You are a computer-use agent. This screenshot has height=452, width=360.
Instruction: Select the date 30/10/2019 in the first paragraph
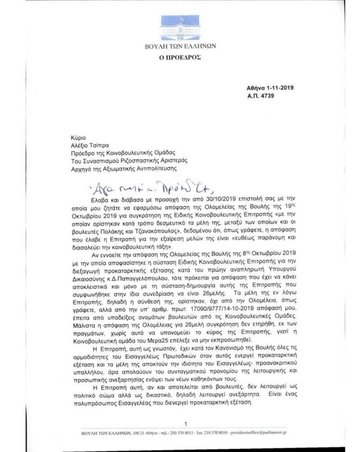tap(175, 200)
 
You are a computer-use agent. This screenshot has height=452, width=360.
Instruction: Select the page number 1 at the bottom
tap(186, 423)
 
